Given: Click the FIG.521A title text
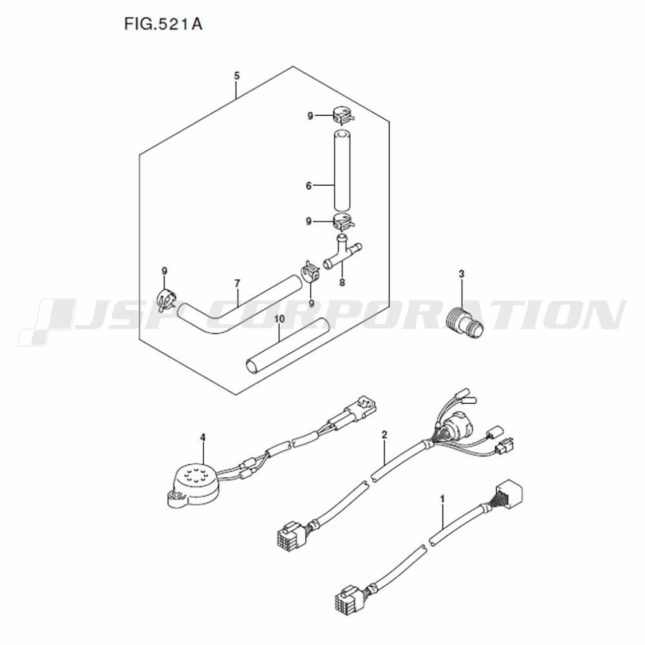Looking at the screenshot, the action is [163, 25].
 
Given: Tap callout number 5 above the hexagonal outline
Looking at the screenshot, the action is [237, 76].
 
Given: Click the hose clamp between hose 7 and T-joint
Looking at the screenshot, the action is [311, 271].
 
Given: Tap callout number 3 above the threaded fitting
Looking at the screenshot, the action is [462, 273].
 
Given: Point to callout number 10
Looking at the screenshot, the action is [279, 319].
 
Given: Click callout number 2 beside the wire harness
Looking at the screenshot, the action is [384, 435].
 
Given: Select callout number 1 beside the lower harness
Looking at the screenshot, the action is [442, 499].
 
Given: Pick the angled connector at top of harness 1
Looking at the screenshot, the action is [508, 492].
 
